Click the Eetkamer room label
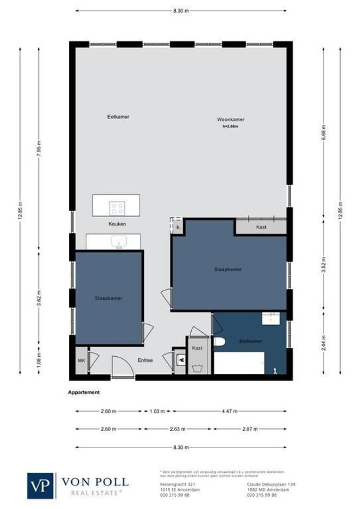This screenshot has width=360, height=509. [x=118, y=116]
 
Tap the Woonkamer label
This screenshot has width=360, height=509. [x=231, y=119]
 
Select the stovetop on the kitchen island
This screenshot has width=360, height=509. [x=117, y=208]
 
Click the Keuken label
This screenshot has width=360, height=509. [x=117, y=224]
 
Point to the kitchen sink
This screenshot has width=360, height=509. [x=119, y=242]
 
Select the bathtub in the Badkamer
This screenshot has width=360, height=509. [x=239, y=363]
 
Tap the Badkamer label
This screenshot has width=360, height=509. [x=251, y=341]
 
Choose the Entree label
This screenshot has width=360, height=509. [x=145, y=361]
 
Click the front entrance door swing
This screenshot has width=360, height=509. [x=120, y=367]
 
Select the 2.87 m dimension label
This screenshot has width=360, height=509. [x=250, y=429]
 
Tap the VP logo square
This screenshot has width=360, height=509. [x=41, y=485]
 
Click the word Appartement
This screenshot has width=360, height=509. [x=84, y=392]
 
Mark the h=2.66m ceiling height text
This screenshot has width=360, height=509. [x=231, y=126]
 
